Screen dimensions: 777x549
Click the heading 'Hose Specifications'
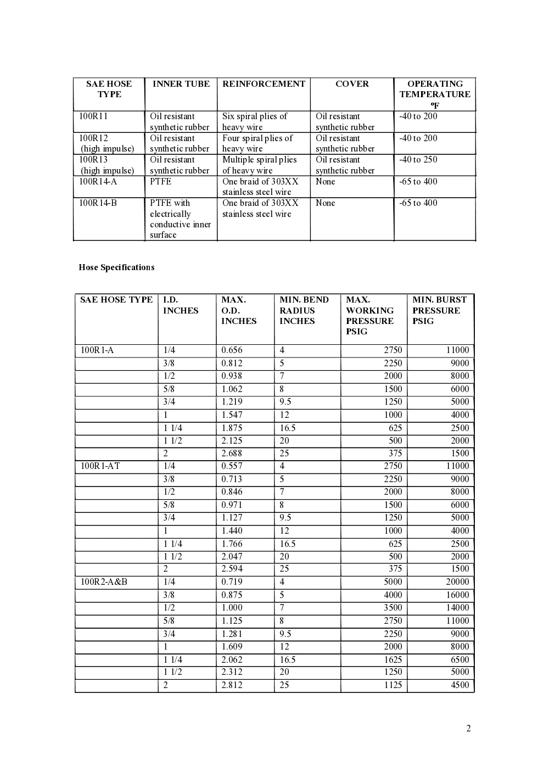point(116,267)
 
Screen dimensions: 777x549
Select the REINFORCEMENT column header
point(264,84)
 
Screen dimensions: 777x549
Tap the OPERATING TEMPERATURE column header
point(435,94)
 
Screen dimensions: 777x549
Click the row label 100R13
point(93,160)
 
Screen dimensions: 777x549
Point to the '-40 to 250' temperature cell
point(418,160)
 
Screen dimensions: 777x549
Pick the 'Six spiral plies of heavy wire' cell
point(255,121)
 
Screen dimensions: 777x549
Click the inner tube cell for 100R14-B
point(180,219)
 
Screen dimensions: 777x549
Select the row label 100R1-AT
point(100,466)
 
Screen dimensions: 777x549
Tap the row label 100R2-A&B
point(104,582)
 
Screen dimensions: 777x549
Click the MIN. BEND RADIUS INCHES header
point(304,310)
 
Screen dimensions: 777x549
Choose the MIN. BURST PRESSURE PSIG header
point(439,310)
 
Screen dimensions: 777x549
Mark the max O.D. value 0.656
point(232,350)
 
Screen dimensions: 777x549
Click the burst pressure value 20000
point(457,582)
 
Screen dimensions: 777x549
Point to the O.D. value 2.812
point(232,685)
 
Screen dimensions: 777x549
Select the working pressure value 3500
point(393,607)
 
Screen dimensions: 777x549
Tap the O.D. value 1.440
point(232,530)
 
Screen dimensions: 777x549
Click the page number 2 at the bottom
point(468,729)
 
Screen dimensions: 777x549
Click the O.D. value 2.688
point(232,453)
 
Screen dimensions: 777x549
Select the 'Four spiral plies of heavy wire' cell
point(257,143)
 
